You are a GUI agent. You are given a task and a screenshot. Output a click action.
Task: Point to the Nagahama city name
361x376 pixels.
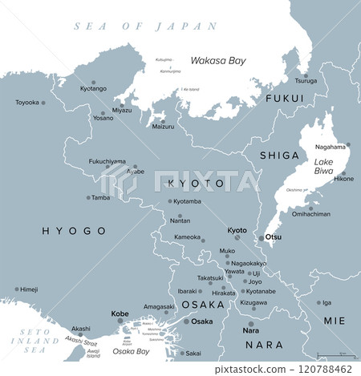(331, 147)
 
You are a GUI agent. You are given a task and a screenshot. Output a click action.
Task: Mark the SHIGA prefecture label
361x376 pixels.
(278, 155)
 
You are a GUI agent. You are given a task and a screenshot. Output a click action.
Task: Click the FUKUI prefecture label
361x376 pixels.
(285, 99)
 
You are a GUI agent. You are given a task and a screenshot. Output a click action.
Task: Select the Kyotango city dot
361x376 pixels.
(94, 83)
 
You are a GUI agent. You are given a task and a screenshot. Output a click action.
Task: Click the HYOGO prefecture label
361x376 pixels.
(73, 230)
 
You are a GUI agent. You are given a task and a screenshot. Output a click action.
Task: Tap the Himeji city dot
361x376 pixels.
(16, 289)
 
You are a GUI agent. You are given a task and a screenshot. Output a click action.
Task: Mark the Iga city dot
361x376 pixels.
(317, 302)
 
